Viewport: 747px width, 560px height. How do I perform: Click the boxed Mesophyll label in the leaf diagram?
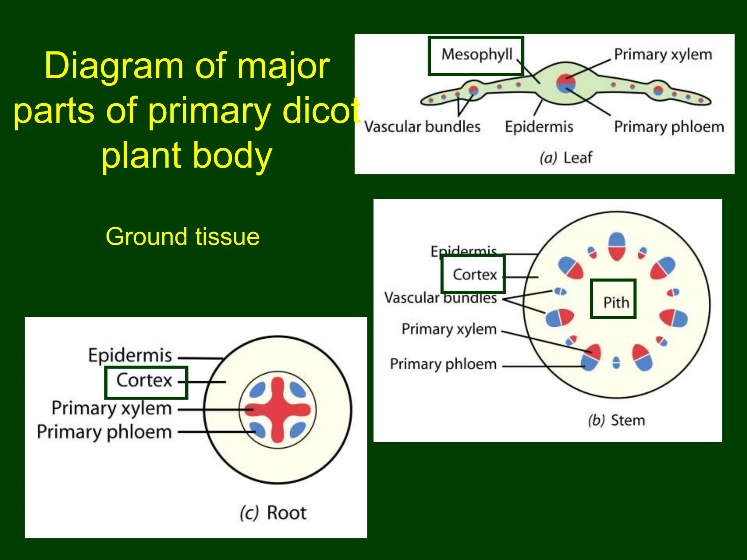click(476, 55)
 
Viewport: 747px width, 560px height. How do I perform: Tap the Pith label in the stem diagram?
click(616, 302)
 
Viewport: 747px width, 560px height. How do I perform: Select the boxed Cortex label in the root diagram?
click(144, 381)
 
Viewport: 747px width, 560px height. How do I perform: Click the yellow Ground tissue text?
click(182, 237)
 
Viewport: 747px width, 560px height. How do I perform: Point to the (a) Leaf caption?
click(566, 158)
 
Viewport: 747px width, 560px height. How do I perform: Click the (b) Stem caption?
click(616, 420)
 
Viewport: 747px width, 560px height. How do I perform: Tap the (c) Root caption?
click(273, 513)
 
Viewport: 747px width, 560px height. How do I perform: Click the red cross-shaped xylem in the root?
click(278, 410)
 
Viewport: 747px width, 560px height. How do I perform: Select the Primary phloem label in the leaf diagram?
click(669, 127)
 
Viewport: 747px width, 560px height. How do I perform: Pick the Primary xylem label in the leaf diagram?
click(663, 55)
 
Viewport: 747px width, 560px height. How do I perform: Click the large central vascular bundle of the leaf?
click(565, 83)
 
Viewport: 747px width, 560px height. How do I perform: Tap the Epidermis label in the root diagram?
click(130, 355)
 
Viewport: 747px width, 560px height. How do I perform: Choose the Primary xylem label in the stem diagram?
click(449, 329)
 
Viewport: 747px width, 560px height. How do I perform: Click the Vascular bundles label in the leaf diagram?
click(422, 127)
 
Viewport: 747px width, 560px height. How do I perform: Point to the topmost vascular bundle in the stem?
click(617, 246)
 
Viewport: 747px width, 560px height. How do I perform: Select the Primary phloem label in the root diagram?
click(104, 432)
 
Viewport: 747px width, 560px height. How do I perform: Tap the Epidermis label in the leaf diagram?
click(539, 127)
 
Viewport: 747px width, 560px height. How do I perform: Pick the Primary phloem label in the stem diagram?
click(443, 364)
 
